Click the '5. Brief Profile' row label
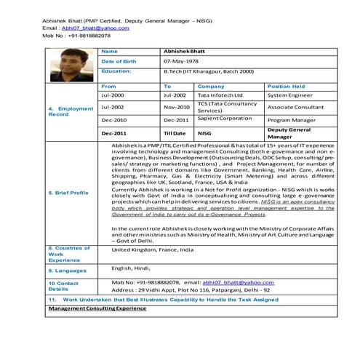pyautogui.click(x=68, y=192)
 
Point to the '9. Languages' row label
pyautogui.click(x=66, y=270)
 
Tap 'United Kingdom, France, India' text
pyautogui.click(x=153, y=249)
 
